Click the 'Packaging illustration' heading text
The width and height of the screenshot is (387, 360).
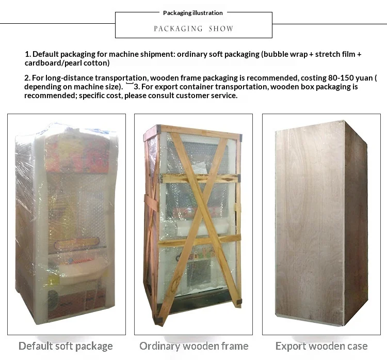coord(193,13)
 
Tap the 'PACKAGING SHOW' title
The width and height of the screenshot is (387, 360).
coord(193,29)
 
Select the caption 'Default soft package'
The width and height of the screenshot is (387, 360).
coord(66,346)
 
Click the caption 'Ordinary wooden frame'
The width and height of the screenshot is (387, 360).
coord(193,346)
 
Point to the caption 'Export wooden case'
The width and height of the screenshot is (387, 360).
coord(321,346)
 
